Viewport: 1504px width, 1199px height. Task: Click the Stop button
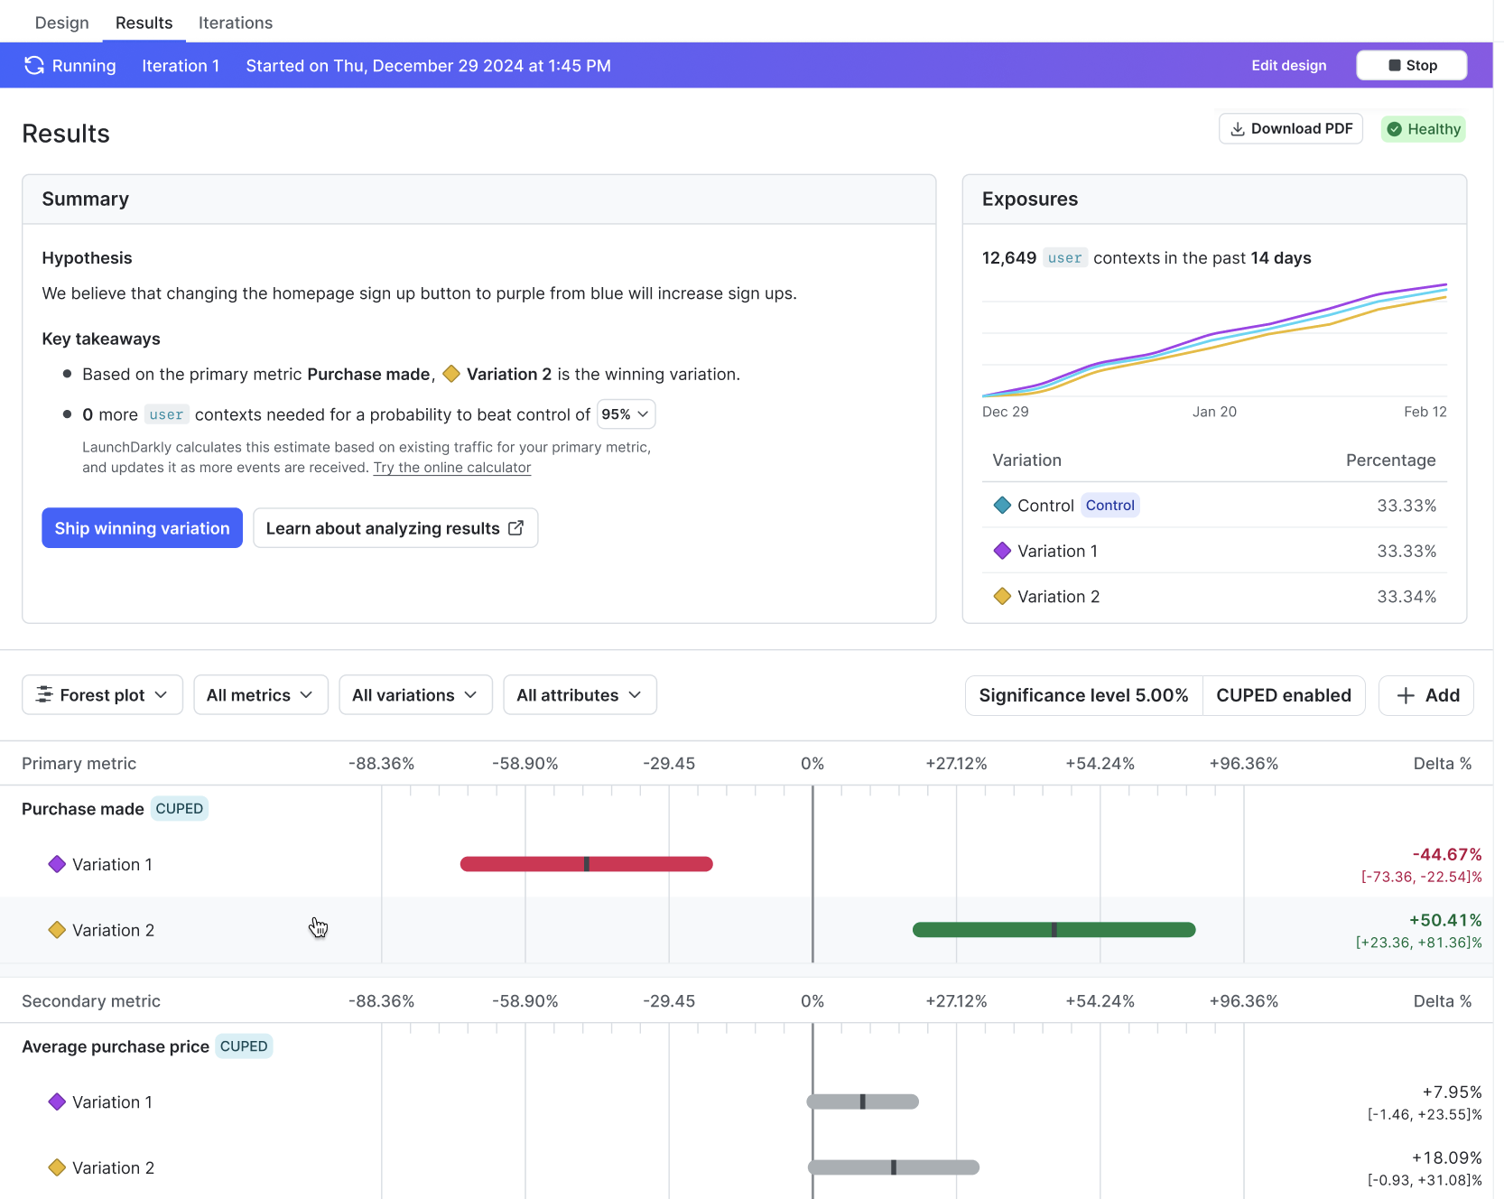pyautogui.click(x=1411, y=65)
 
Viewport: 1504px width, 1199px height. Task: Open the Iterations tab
pyautogui.click(x=235, y=23)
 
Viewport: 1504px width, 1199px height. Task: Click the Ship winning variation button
pyautogui.click(x=142, y=528)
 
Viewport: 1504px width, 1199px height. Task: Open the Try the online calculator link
pyautogui.click(x=451, y=468)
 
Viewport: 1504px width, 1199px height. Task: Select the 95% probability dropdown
pyautogui.click(x=626, y=414)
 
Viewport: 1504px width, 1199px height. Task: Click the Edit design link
pyautogui.click(x=1288, y=65)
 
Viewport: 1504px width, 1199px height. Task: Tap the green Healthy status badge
pyautogui.click(x=1423, y=129)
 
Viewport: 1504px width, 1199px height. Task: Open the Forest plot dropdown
pyautogui.click(x=102, y=695)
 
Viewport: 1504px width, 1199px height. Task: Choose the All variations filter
pyautogui.click(x=415, y=695)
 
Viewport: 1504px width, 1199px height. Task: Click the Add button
pyautogui.click(x=1426, y=695)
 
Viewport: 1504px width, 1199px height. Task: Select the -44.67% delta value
pyautogui.click(x=1446, y=854)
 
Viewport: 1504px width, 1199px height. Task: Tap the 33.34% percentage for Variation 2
pyautogui.click(x=1406, y=597)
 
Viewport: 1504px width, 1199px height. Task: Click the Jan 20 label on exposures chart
pyautogui.click(x=1214, y=412)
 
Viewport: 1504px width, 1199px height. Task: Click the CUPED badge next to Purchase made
pyautogui.click(x=179, y=809)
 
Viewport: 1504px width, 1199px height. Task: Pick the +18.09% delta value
pyautogui.click(x=1446, y=1157)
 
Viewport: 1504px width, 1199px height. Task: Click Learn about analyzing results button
pyautogui.click(x=395, y=528)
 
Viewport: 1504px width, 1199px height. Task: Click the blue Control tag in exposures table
pyautogui.click(x=1109, y=506)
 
